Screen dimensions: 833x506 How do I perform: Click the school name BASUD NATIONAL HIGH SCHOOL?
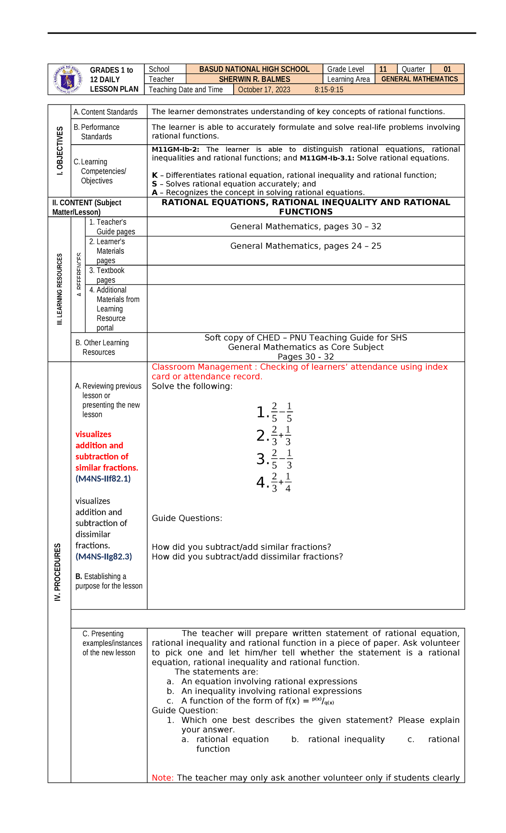pyautogui.click(x=254, y=69)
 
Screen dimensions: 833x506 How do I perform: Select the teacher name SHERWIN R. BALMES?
pyautogui.click(x=254, y=79)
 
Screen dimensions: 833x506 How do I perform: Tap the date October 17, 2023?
pyautogui.click(x=264, y=89)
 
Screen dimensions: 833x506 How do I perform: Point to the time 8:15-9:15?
pyautogui.click(x=329, y=89)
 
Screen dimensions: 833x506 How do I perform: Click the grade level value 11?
pyautogui.click(x=383, y=69)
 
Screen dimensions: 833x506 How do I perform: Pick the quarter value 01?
pyautogui.click(x=447, y=69)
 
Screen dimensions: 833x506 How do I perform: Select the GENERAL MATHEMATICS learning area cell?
pyautogui.click(x=420, y=79)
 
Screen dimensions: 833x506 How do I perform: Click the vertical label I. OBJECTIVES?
pyautogui.click(x=60, y=151)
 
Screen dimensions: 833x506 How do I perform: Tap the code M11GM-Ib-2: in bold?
pyautogui.click(x=175, y=149)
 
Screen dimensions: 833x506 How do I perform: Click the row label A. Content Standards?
pyautogui.click(x=105, y=112)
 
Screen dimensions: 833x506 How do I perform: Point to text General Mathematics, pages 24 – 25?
pyautogui.click(x=306, y=246)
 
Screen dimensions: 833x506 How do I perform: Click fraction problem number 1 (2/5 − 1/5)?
pyautogui.click(x=275, y=412)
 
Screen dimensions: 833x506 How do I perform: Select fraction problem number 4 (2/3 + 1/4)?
pyautogui.click(x=275, y=482)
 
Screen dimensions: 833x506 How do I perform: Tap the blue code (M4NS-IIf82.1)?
pyautogui.click(x=103, y=478)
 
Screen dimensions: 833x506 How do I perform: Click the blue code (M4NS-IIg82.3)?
pyautogui.click(x=104, y=556)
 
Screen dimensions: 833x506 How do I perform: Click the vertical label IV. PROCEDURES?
pyautogui.click(x=58, y=572)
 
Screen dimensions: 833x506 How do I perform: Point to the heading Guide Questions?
pyautogui.click(x=187, y=518)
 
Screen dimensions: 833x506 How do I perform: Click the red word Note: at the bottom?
pyautogui.click(x=162, y=778)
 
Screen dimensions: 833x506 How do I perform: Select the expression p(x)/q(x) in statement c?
pyautogui.click(x=323, y=701)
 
